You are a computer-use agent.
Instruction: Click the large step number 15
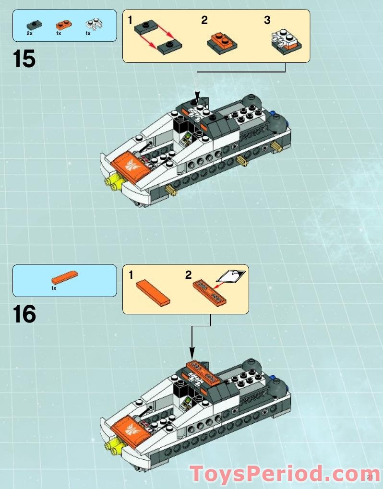pos(24,59)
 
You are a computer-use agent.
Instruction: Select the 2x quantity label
pos(29,34)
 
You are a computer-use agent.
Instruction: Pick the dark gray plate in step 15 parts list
pos(32,24)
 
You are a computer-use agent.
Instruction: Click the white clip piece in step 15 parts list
pos(90,24)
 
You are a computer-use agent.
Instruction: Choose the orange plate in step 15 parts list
pos(61,24)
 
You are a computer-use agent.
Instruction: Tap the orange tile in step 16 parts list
pos(64,277)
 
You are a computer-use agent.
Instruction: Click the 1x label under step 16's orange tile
pos(54,288)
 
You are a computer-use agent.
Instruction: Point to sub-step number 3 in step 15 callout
pos(267,20)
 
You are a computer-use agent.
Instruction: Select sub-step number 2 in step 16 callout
pos(189,275)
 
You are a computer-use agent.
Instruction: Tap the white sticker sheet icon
pos(232,276)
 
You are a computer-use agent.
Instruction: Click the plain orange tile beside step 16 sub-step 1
pos(153,293)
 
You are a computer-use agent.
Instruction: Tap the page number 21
pos(370,477)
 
